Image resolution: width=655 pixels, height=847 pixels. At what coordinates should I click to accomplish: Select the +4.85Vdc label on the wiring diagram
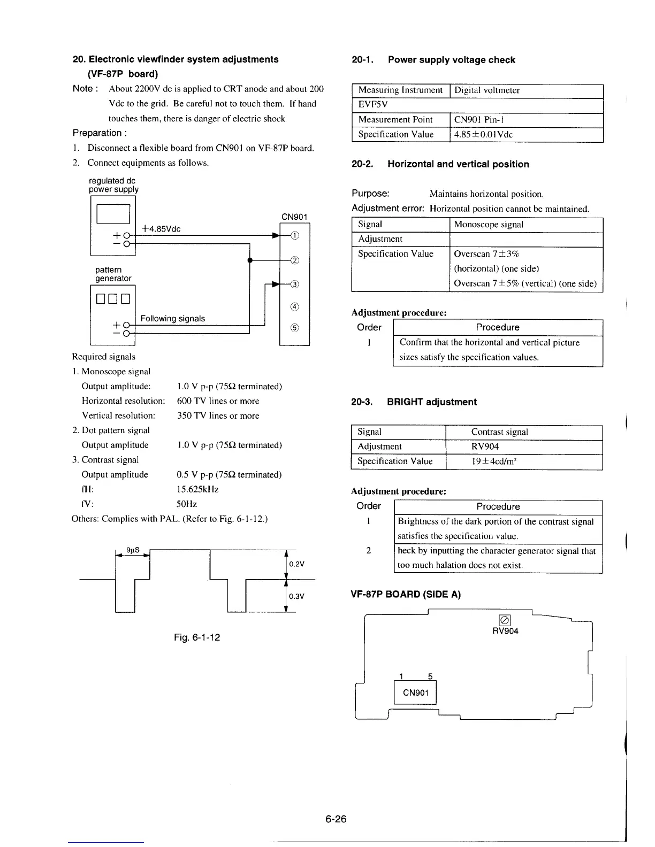click(161, 229)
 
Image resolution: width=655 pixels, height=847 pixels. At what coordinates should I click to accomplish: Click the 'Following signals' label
click(172, 319)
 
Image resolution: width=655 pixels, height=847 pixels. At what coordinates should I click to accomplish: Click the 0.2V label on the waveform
click(296, 564)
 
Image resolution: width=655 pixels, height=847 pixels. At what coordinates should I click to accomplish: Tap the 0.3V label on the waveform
click(296, 597)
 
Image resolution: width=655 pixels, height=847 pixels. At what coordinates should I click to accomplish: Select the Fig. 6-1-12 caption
click(197, 637)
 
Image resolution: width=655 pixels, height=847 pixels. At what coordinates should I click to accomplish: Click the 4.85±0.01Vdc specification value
click(483, 135)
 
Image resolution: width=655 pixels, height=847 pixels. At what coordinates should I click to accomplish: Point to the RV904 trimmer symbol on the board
click(504, 620)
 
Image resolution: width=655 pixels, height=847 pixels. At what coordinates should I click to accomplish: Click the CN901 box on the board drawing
click(415, 693)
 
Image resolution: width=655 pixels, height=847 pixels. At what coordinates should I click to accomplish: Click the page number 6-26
click(336, 819)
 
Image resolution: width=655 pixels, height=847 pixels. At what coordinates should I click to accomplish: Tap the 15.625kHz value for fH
click(197, 489)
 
